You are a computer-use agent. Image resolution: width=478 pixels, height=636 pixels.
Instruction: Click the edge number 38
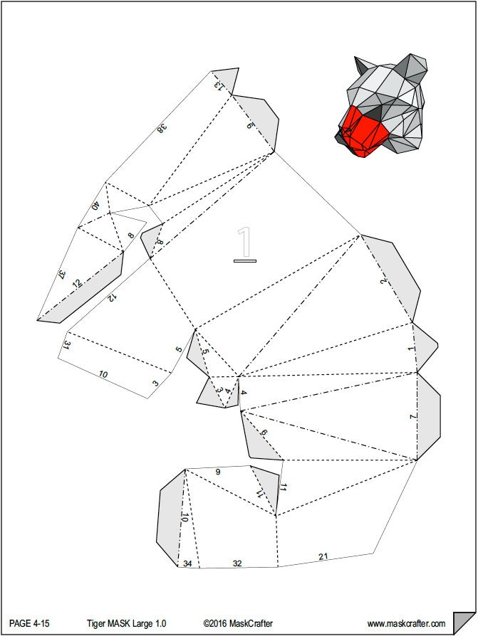[162, 128]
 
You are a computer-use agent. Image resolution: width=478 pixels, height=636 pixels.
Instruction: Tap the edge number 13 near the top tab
[219, 85]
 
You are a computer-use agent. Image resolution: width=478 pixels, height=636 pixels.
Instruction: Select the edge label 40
[96, 206]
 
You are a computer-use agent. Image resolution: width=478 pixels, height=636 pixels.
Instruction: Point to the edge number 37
[62, 275]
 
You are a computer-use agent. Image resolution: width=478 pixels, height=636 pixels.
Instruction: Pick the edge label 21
[323, 556]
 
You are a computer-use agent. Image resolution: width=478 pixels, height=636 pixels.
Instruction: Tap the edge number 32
[237, 563]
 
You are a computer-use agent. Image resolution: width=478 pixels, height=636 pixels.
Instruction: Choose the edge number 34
[187, 563]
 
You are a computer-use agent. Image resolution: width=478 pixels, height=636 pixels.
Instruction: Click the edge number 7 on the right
[413, 416]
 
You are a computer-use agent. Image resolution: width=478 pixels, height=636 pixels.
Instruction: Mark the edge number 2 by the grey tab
[384, 281]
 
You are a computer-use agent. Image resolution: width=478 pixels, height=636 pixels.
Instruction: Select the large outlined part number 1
[244, 244]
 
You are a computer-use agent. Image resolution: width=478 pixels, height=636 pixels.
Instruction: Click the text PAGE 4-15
[29, 623]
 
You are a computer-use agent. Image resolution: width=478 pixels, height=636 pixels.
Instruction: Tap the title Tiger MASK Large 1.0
[126, 623]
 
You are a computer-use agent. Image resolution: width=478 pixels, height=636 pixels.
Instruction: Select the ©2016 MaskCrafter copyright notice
[238, 623]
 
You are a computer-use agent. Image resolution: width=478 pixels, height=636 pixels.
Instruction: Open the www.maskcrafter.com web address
[406, 623]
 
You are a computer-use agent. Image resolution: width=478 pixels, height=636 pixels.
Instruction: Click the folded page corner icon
[464, 620]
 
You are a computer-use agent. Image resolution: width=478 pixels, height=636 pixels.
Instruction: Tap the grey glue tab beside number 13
[227, 80]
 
